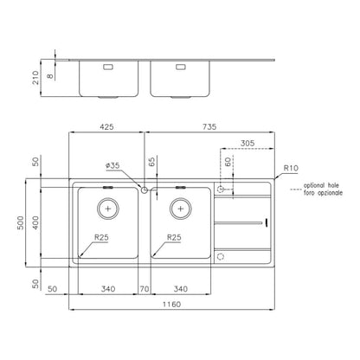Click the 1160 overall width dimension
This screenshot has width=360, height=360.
(171, 304)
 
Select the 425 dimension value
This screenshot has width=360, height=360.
(106, 126)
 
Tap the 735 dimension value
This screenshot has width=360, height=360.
(209, 126)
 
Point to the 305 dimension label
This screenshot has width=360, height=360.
(247, 143)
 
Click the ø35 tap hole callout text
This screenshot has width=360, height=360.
(112, 165)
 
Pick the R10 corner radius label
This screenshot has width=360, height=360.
(291, 168)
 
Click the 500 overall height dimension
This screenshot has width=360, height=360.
(21, 222)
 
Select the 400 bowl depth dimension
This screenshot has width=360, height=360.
(35, 222)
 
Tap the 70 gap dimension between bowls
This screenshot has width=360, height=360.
(145, 289)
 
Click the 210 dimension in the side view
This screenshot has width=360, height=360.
(35, 77)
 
